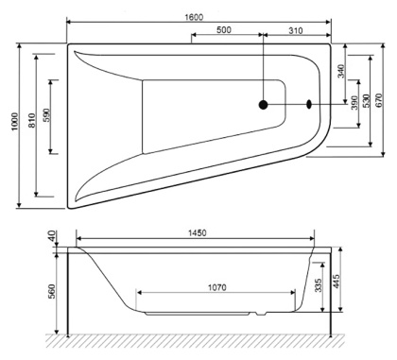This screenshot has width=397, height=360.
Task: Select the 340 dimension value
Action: pos(341,72)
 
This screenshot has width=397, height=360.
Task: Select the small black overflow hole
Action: pos(308,106)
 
